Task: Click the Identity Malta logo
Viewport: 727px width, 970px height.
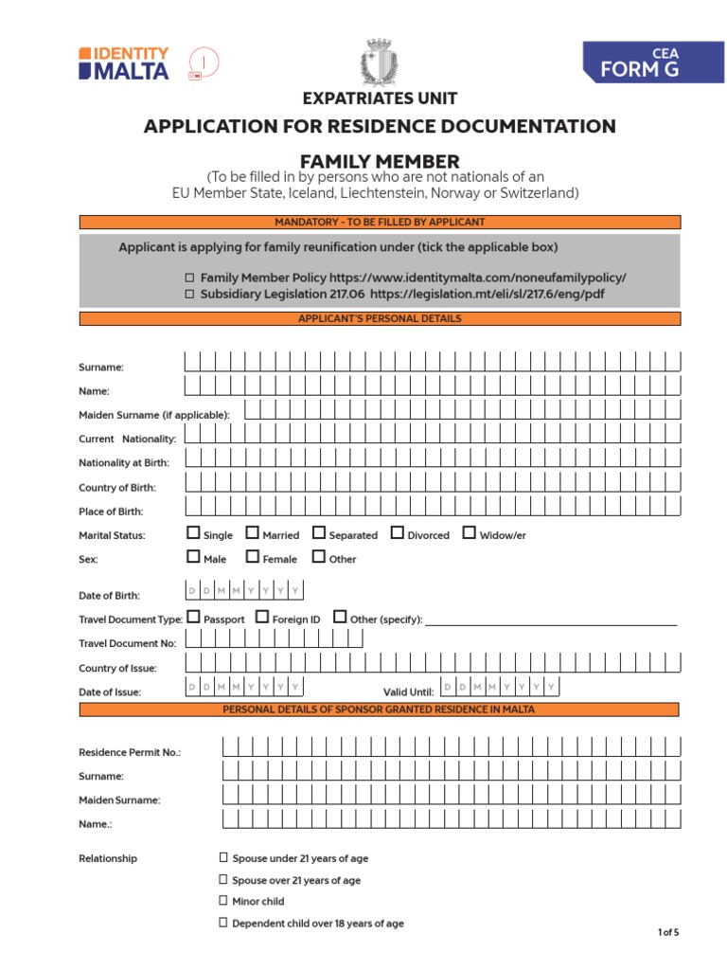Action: coord(124,63)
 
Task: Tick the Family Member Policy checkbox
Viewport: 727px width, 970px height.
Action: coord(189,278)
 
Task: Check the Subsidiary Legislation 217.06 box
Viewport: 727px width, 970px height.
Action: coord(189,294)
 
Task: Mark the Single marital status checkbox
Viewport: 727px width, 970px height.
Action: coord(193,533)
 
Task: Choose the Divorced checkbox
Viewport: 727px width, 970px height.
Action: coord(397,533)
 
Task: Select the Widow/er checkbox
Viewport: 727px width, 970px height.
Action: coord(470,533)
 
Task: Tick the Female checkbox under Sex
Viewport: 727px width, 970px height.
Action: coord(252,557)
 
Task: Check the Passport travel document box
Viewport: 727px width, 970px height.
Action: coord(193,618)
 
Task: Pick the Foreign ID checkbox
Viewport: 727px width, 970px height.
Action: coord(262,618)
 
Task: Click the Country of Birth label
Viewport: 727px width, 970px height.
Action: coord(117,488)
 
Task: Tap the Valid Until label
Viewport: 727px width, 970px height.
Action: coord(408,692)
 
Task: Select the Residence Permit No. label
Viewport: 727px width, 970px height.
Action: coord(130,752)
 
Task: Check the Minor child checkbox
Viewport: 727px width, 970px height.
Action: coord(224,901)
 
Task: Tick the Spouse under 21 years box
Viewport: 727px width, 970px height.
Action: coord(224,857)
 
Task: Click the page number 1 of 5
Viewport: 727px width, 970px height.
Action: coord(668,933)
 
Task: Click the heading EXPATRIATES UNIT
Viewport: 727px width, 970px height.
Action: coord(380,99)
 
